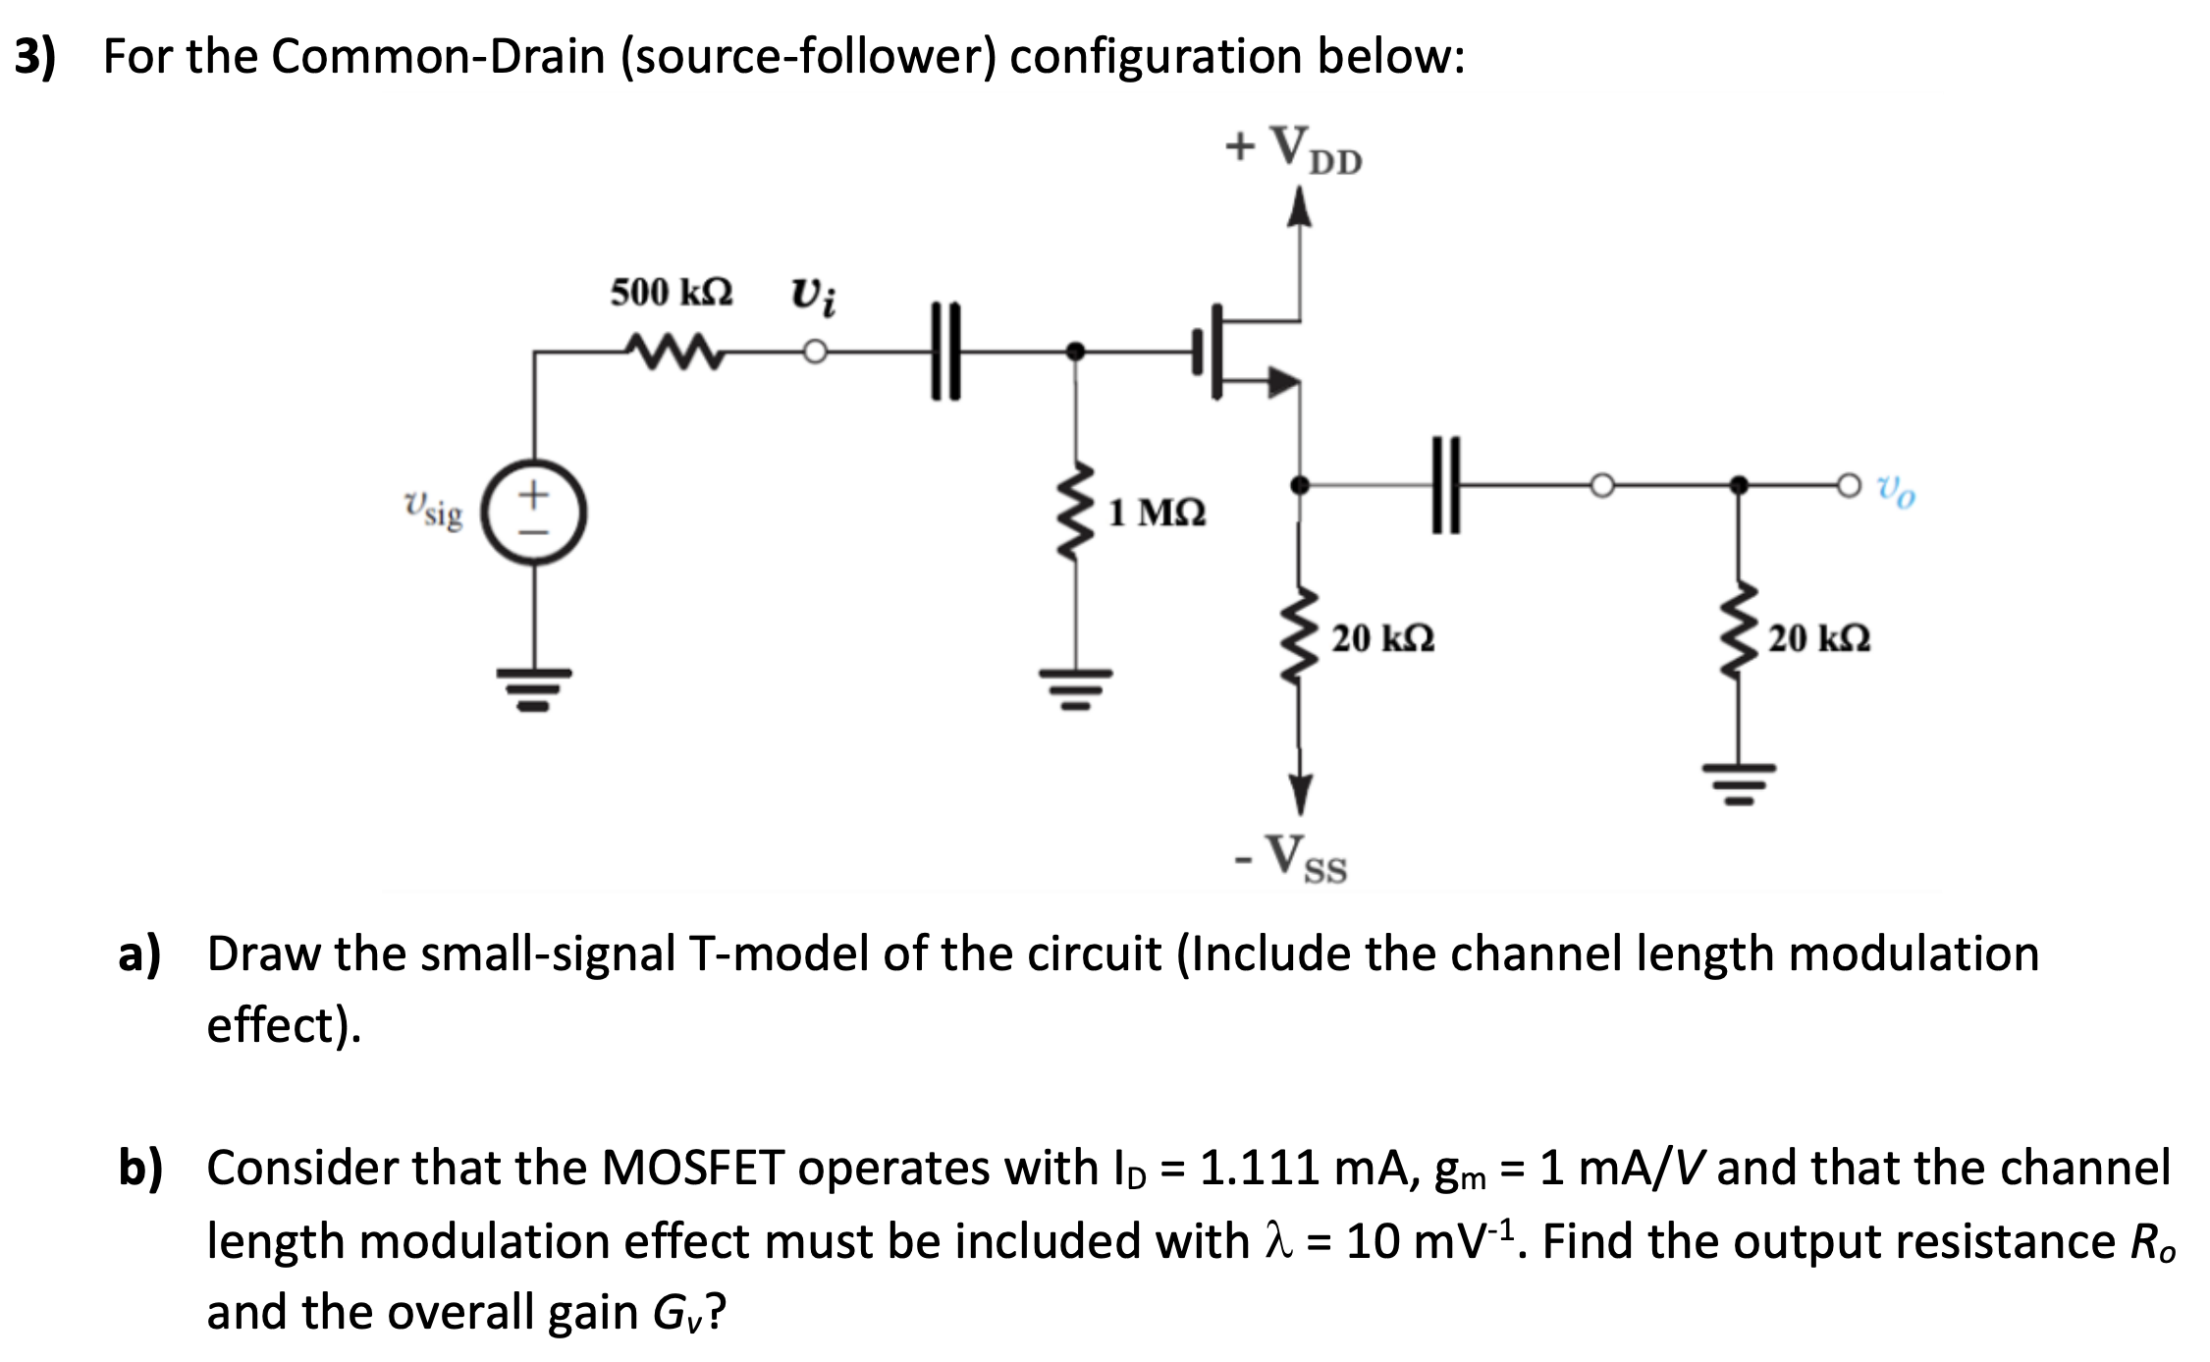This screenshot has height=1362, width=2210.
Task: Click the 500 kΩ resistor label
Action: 671,293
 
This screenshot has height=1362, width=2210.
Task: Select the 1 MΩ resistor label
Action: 1157,513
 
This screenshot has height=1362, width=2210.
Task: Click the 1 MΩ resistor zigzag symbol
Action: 1076,512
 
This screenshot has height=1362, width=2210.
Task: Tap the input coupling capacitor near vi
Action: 944,352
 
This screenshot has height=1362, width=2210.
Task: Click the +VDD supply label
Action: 1294,149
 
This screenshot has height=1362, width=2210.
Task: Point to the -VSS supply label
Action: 1292,859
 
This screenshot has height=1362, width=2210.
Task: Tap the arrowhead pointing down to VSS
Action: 1300,794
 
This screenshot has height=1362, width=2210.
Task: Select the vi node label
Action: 814,295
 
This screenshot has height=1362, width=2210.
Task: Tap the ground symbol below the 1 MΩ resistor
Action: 1076,688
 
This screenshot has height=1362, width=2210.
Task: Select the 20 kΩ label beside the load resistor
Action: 1819,638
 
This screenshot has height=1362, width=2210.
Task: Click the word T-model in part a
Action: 780,954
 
